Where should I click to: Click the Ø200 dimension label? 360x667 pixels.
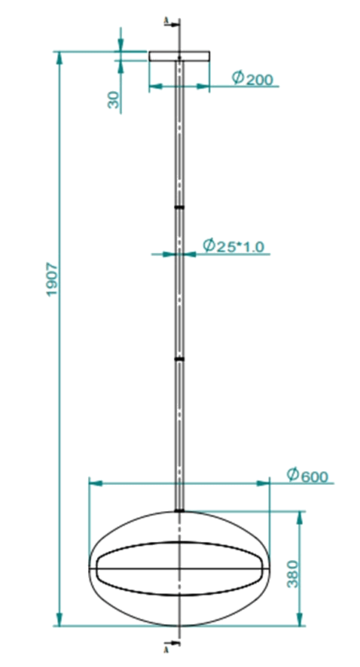point(252,79)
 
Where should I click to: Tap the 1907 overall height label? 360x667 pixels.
point(51,279)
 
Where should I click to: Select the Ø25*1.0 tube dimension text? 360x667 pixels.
point(233,246)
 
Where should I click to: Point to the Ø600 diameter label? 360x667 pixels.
point(307,475)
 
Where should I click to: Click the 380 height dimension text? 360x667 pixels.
point(293,574)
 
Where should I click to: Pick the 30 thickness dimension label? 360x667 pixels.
point(114,100)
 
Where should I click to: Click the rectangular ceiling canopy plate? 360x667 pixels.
point(179,56)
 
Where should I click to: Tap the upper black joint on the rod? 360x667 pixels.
point(179,208)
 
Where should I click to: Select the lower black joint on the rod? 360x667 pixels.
point(179,359)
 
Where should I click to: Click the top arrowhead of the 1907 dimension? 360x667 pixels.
point(59,58)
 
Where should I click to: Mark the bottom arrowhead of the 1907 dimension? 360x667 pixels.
point(59,620)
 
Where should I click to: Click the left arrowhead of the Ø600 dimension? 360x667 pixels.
point(96,483)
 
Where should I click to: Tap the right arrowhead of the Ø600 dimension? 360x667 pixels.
point(263,483)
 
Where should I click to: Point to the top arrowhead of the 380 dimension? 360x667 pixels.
point(300,518)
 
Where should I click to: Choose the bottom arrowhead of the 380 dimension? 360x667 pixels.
point(300,620)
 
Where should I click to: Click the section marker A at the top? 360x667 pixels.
point(166,21)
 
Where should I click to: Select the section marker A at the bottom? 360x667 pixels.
point(166,650)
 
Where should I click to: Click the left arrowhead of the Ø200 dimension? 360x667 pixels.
point(156,87)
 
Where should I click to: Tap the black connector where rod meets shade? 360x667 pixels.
point(179,510)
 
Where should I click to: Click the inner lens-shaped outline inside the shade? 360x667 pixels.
point(179,542)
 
